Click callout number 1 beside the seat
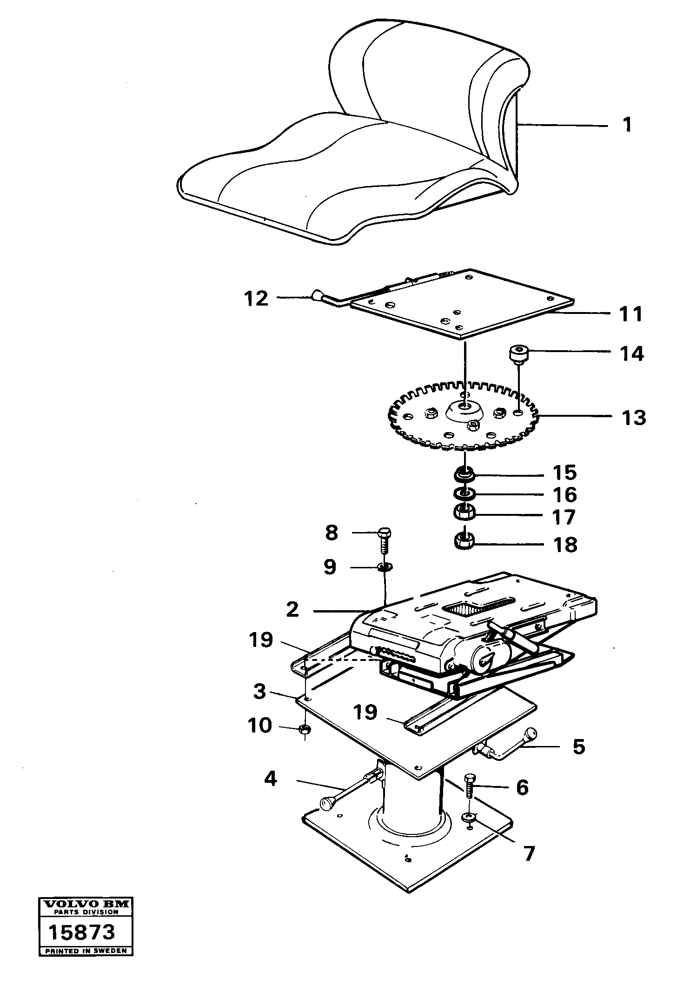click(627, 125)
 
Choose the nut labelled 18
click(464, 541)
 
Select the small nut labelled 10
click(305, 729)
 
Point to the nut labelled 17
click(464, 513)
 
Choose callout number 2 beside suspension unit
click(292, 609)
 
